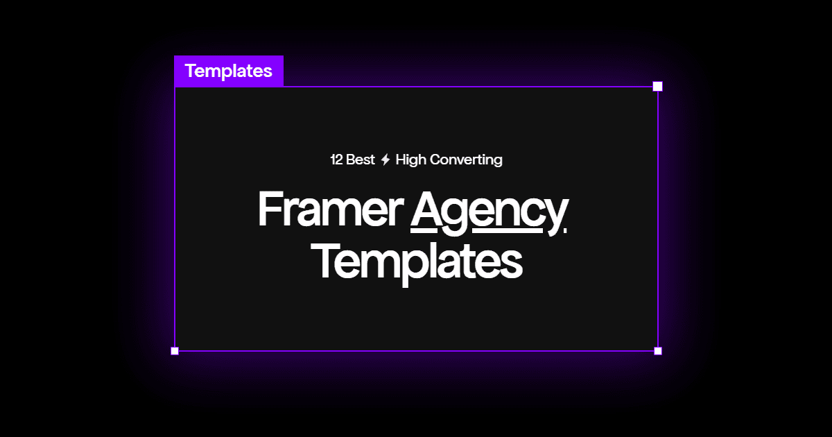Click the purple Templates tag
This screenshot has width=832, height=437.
[229, 71]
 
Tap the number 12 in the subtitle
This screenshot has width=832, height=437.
[336, 160]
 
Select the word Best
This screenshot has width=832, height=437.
[361, 160]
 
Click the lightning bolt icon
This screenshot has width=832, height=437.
[385, 160]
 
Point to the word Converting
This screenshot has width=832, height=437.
[466, 160]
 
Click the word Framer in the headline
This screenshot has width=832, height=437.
[330, 208]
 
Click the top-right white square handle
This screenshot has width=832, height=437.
[658, 86]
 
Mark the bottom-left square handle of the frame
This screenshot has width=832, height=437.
[175, 351]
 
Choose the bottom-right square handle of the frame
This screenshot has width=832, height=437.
[658, 351]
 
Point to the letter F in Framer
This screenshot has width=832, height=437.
[270, 208]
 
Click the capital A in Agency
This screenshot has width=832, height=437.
[430, 208]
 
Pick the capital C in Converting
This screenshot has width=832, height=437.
[435, 160]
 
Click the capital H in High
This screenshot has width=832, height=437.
[401, 160]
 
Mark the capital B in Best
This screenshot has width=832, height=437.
[351, 160]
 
